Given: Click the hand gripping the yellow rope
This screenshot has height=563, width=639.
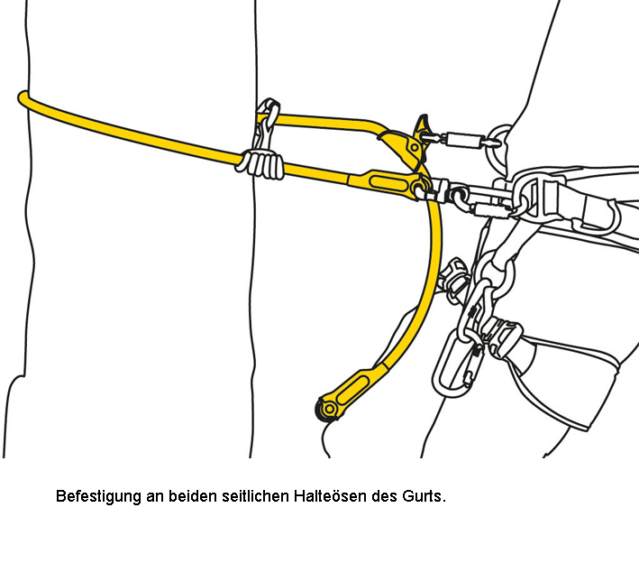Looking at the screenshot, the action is coord(260,163).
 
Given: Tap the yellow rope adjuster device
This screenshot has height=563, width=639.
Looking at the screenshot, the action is coord(404,147).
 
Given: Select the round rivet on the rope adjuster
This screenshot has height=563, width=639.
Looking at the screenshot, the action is coord(414,148).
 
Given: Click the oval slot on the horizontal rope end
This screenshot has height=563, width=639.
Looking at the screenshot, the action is coord(388,183).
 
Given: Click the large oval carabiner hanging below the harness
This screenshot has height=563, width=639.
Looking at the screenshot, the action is coord(457,363).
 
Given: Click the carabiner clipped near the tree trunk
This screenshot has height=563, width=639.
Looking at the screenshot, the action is coord(266,123).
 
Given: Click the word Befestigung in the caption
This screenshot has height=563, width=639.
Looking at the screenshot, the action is coord(98,496).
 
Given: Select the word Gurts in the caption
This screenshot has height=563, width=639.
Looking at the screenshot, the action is coord(422,495).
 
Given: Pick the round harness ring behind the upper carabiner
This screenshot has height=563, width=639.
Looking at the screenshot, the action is coord(499,147).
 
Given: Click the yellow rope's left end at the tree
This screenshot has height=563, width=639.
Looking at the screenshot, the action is coord(23,98).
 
